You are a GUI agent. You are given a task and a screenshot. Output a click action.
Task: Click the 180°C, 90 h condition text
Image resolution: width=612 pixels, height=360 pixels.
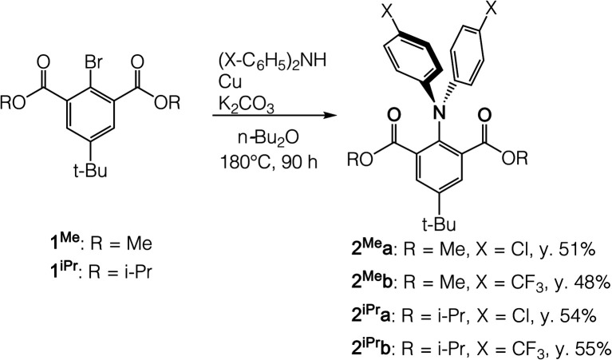(265, 166)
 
